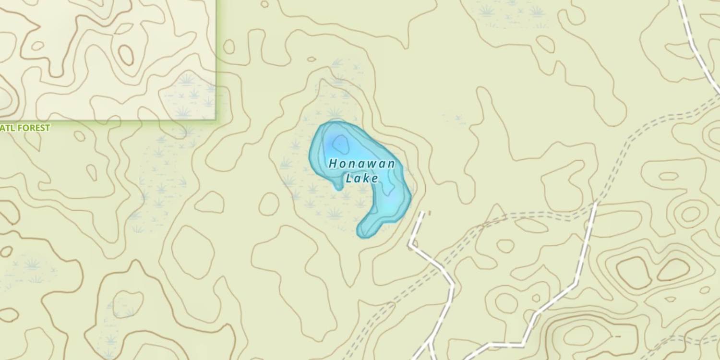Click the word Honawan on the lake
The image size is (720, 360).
(x=362, y=164)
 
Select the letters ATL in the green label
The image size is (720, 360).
(x=8, y=128)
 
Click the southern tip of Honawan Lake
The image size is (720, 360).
(x=362, y=234)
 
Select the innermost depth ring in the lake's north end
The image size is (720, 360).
(x=341, y=143)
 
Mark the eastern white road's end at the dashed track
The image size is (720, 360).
(x=596, y=204)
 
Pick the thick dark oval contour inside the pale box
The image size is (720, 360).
(x=126, y=55)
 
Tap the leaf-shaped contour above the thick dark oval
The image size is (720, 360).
(x=123, y=28)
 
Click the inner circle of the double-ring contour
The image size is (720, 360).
(x=691, y=214)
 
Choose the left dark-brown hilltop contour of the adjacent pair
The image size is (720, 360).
(x=634, y=272)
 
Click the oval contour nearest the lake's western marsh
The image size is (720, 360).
(x=269, y=204)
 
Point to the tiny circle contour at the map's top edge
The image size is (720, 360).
(x=264, y=4)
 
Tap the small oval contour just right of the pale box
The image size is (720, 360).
(x=229, y=47)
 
